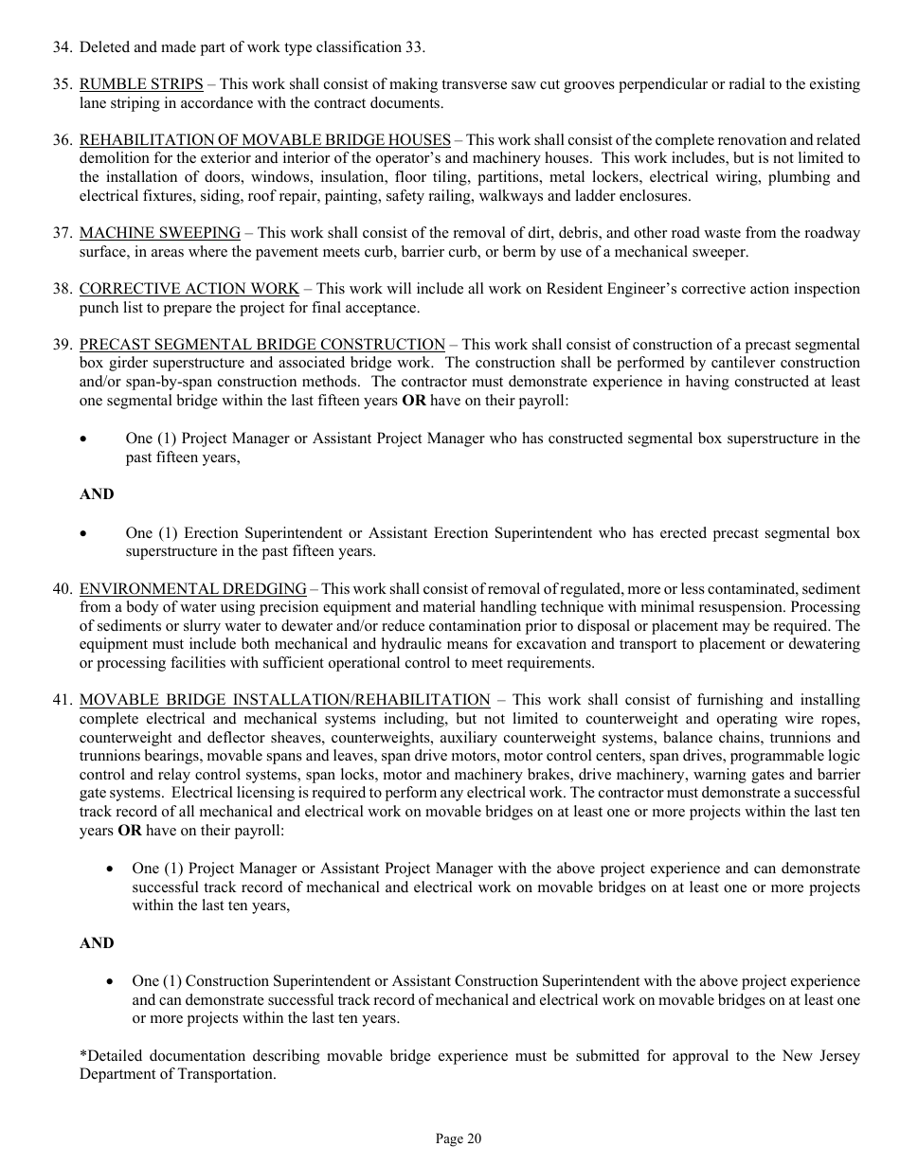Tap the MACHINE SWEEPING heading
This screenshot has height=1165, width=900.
pyautogui.click(x=159, y=233)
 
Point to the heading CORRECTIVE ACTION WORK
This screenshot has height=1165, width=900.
pyautogui.click(x=189, y=289)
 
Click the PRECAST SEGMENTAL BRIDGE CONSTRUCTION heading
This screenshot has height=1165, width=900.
pyautogui.click(x=261, y=345)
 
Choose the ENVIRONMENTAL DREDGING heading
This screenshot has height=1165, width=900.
pyautogui.click(x=192, y=589)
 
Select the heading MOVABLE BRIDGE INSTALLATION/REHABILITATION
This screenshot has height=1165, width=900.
pyautogui.click(x=284, y=700)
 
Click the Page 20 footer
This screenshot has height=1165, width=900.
pyautogui.click(x=459, y=1138)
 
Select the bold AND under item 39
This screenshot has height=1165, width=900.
pyautogui.click(x=97, y=494)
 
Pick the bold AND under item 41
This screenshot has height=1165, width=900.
pyautogui.click(x=97, y=943)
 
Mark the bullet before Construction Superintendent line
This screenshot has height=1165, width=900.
pyautogui.click(x=112, y=982)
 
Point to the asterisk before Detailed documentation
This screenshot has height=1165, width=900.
pyautogui.click(x=82, y=1055)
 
